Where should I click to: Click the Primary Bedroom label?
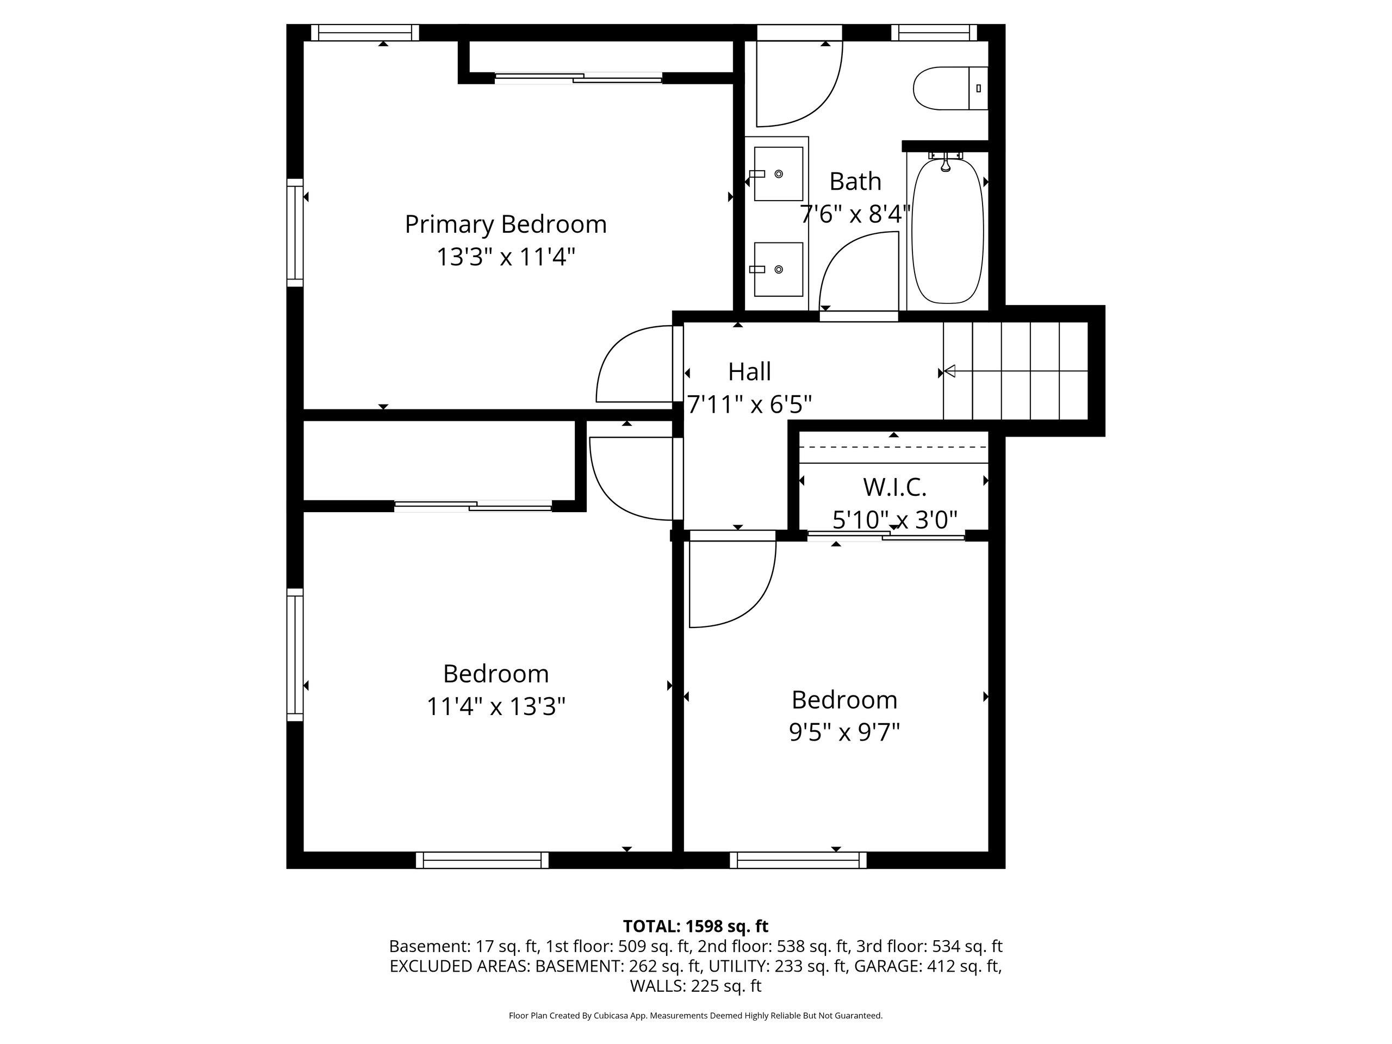505,225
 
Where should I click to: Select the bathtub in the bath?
947,231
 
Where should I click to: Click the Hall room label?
749,372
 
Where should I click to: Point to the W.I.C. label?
894,487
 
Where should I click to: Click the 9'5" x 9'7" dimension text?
844,732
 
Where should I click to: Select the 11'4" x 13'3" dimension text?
496,706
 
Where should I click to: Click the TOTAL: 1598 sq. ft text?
695,927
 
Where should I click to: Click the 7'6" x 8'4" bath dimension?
855,215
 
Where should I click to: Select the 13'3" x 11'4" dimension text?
506,257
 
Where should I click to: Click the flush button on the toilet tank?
979,88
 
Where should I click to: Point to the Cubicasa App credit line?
695,1015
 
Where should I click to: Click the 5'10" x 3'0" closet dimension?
894,520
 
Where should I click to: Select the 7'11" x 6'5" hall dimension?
749,405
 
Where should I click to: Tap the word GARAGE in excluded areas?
887,966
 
